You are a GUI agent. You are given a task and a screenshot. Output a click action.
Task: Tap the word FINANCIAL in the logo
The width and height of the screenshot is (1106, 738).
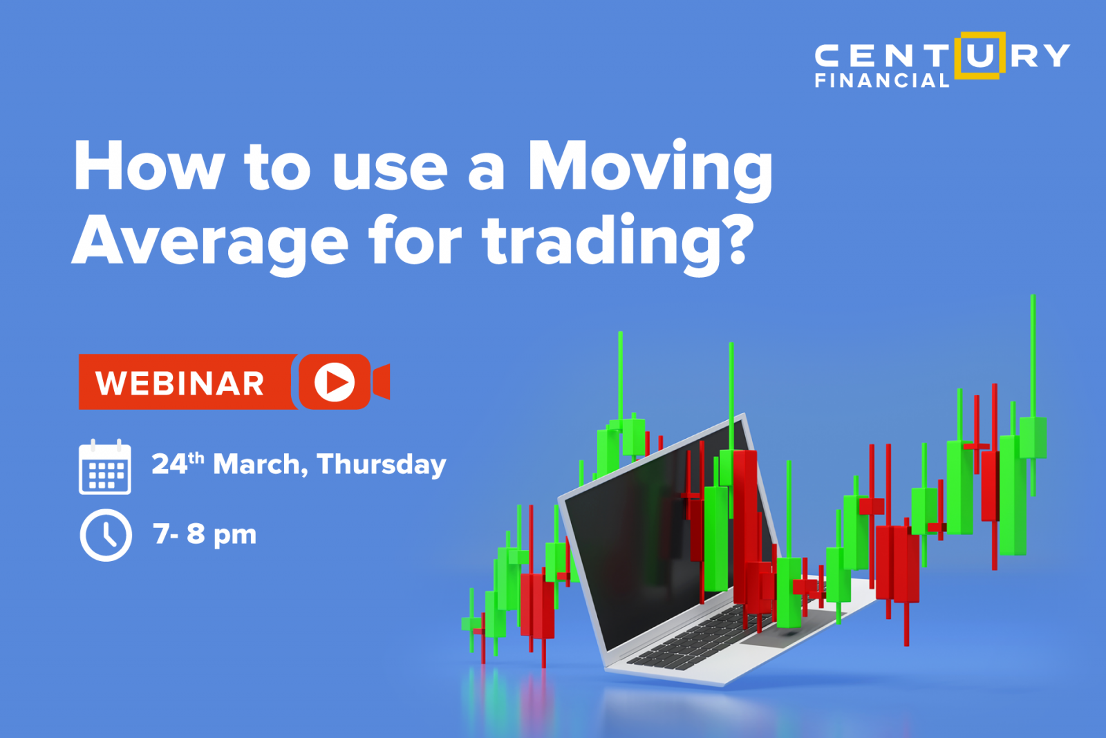tap(882, 80)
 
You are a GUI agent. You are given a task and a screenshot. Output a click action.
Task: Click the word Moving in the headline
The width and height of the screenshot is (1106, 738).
tap(650, 170)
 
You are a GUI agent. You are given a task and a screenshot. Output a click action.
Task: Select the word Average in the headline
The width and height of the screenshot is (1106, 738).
tap(210, 244)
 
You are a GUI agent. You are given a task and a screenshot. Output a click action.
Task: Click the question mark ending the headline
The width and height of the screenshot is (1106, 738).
tap(735, 238)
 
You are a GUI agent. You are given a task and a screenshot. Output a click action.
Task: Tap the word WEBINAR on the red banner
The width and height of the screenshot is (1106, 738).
tap(180, 383)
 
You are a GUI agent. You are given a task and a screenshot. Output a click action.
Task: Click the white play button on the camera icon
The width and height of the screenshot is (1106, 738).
tap(335, 381)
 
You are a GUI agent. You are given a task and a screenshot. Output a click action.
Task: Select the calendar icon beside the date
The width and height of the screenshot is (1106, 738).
tap(104, 466)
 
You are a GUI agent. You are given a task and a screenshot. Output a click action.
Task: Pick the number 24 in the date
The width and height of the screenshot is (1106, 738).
tap(169, 464)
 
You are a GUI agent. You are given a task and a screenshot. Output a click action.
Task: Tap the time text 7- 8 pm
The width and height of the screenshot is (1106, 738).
tap(205, 534)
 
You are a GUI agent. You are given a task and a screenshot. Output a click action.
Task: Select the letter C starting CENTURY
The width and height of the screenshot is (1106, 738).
tap(829, 55)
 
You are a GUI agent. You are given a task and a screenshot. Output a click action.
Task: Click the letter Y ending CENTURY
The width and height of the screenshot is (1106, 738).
tap(1058, 55)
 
